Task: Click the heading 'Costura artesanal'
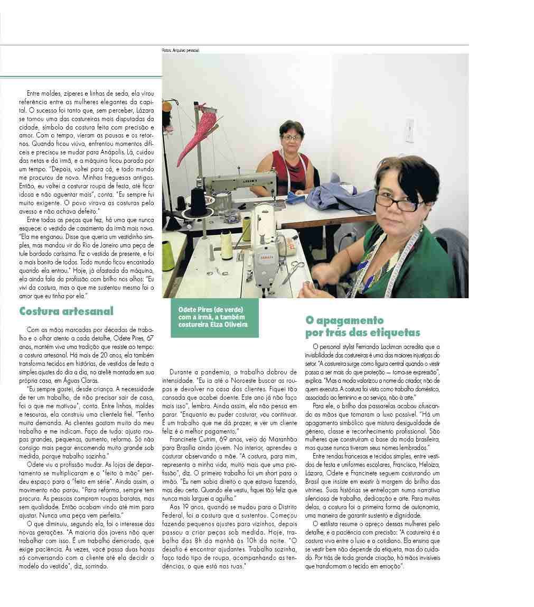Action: click(66, 311)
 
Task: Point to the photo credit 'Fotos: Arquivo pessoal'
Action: click(181, 50)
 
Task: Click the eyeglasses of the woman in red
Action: click(291, 137)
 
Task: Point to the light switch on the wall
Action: click(409, 130)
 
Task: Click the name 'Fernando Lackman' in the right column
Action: click(390, 346)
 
